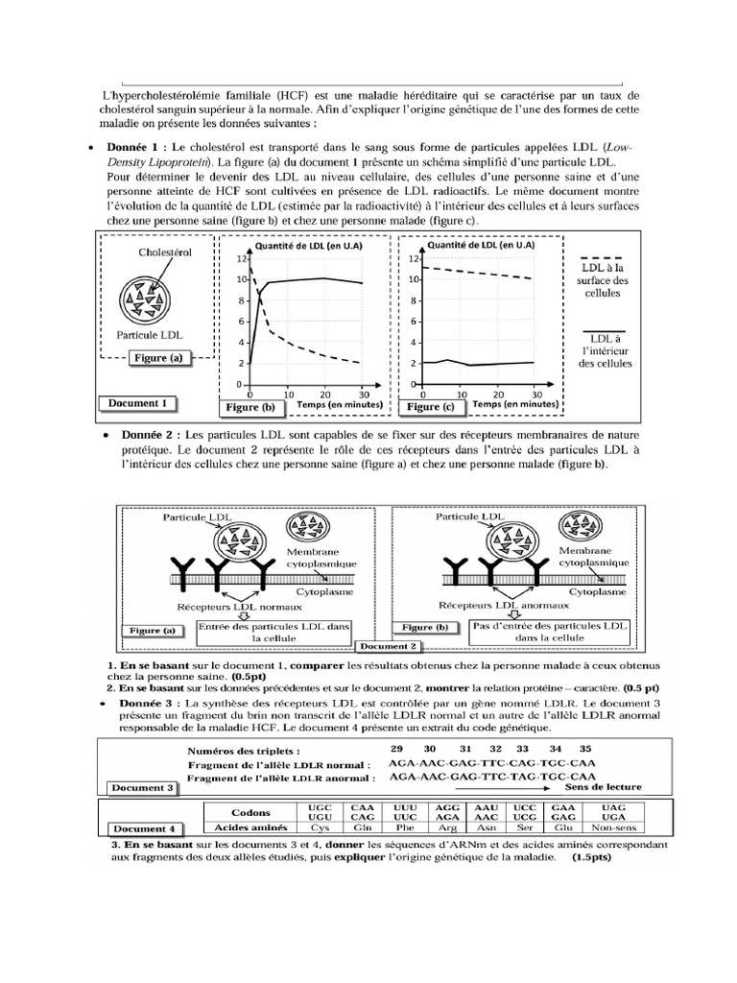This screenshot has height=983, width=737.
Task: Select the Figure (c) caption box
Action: (x=429, y=407)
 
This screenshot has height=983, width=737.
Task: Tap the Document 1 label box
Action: (x=139, y=403)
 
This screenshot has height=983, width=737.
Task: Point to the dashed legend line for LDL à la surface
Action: (x=603, y=258)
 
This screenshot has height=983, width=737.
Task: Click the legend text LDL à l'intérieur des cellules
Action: (x=606, y=350)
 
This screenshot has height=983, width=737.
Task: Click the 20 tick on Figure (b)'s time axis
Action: (x=324, y=395)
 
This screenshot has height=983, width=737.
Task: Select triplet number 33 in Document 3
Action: (x=522, y=748)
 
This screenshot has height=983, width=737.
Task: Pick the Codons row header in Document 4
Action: (x=250, y=812)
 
